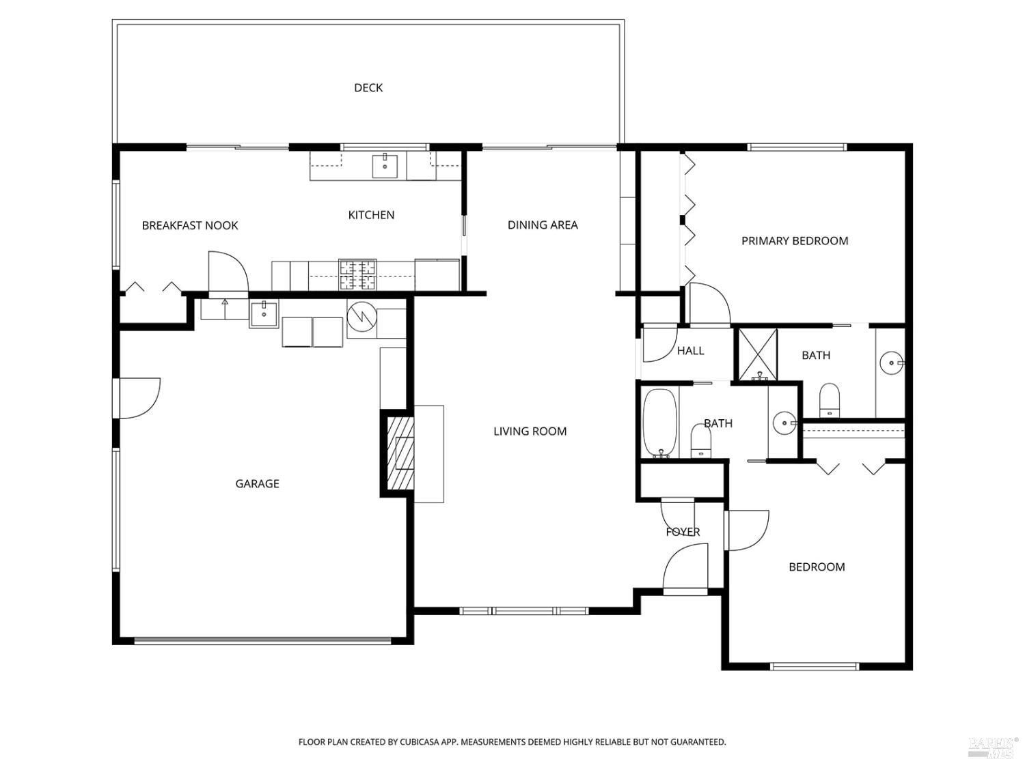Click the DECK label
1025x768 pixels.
368,87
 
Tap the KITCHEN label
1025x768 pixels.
371,215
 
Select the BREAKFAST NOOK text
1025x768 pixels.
189,226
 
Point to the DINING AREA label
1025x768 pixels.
543,225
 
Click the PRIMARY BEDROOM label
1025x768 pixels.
795,241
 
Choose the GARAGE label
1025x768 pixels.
258,484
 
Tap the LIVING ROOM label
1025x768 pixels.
530,431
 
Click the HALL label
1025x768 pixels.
690,351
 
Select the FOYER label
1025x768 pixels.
683,532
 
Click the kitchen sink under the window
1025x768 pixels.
385,167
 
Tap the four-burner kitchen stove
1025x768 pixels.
357,274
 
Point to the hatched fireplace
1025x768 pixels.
400,453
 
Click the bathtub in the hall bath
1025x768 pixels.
659,423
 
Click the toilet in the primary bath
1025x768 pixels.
830,400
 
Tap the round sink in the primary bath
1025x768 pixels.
892,362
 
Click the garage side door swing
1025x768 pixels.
140,399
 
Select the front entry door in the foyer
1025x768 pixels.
685,569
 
